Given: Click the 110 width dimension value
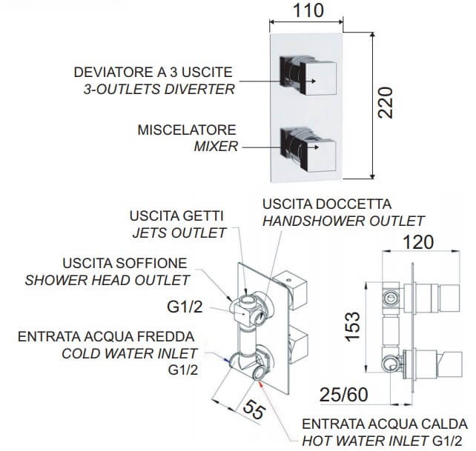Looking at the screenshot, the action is tap(308, 11).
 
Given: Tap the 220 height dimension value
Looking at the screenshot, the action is tap(386, 103).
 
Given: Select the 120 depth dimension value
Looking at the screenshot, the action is tap(418, 242).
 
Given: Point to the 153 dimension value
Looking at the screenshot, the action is tap(353, 327).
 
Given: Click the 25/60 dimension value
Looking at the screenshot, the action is tap(343, 395).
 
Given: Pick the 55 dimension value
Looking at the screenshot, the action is tap(254, 410).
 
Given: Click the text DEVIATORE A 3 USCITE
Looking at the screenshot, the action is tap(153, 72).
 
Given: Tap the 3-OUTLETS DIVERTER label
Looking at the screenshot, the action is tap(159, 89).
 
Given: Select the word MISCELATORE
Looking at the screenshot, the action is tap(187, 130).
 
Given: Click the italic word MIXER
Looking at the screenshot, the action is tap(216, 147).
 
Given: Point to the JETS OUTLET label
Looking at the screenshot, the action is tap(179, 233).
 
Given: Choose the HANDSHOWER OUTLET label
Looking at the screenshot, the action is tap(343, 221).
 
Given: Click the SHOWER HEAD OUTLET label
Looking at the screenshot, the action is tap(108, 280).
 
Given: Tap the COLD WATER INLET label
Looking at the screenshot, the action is tap(129, 354).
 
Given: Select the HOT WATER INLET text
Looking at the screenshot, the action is tap(365, 441).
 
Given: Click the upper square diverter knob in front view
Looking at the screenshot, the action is tap(319, 78).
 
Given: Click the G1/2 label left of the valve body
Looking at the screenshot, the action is tap(185, 307).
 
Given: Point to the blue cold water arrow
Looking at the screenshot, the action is tap(226, 360).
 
